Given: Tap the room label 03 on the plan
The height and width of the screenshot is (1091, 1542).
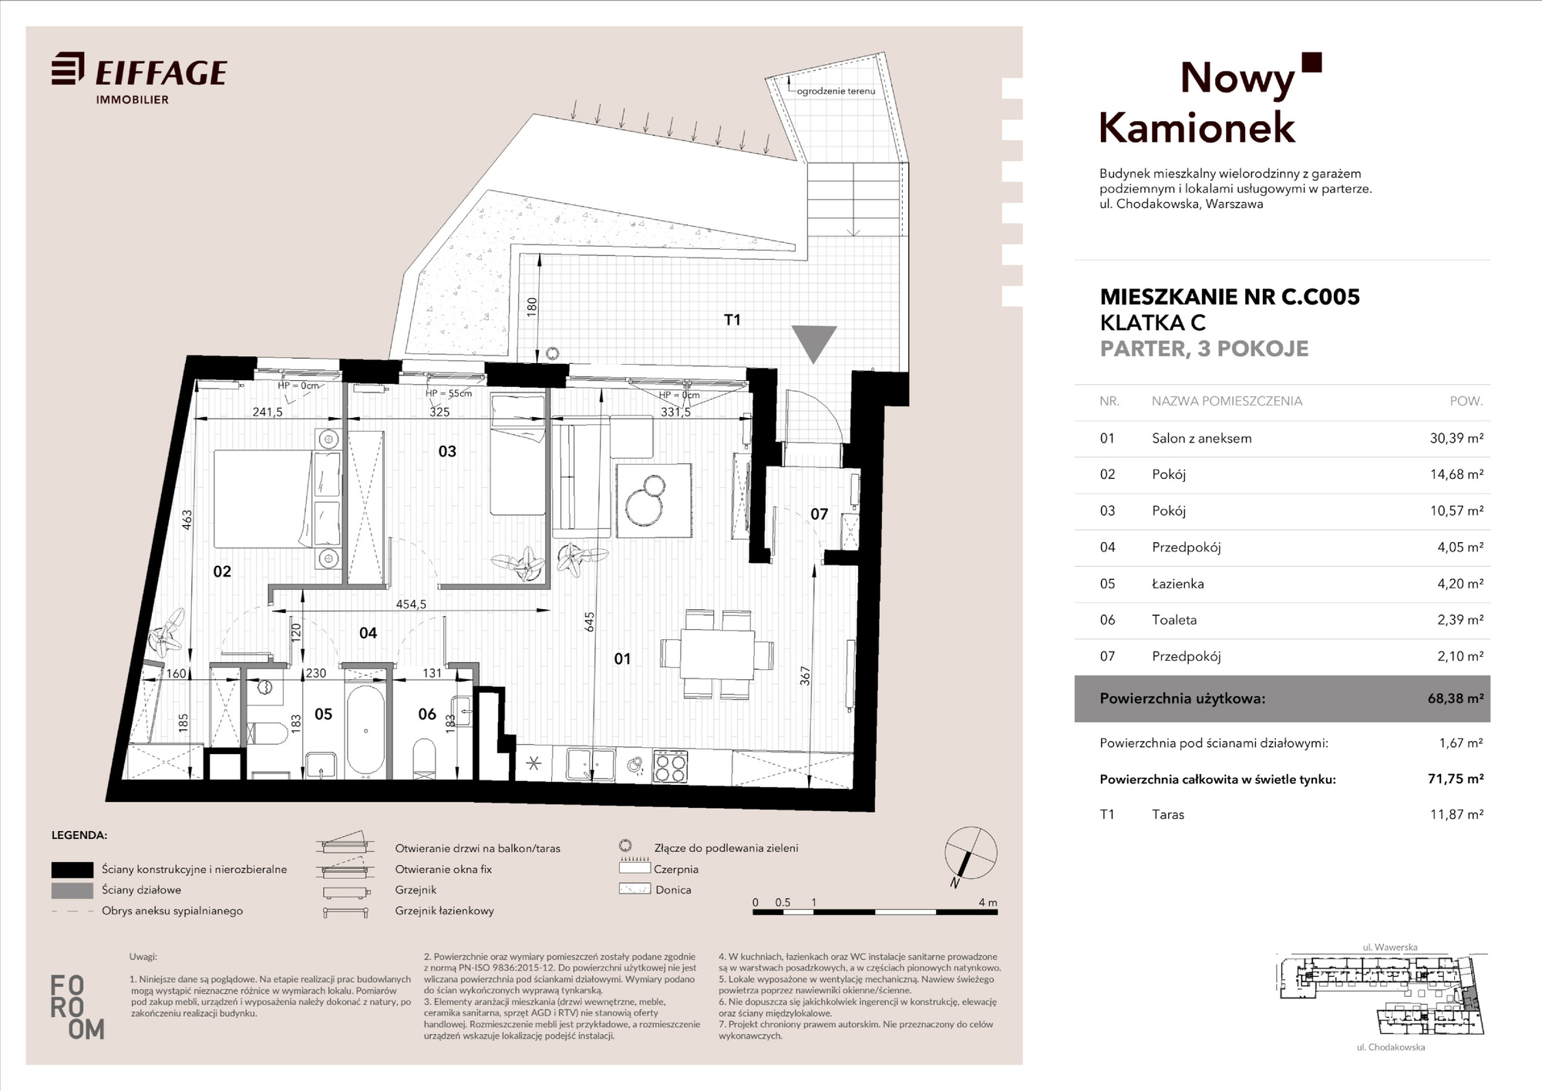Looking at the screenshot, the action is [447, 451].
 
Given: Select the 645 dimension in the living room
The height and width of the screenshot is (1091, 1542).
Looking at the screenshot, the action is [590, 622].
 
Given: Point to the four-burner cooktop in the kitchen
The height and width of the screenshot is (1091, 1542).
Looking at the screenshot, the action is [669, 766].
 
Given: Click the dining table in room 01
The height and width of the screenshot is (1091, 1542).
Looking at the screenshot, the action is [717, 655].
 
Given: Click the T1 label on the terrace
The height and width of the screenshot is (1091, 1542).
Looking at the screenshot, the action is [732, 319].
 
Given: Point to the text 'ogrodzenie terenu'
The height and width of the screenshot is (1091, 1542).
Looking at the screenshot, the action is [836, 91].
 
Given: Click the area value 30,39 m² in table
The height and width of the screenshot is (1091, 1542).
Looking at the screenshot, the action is [1456, 438].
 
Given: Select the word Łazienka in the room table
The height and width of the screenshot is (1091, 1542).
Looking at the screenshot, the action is [1177, 584].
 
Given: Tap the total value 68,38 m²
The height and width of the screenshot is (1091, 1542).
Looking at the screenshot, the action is [1456, 699].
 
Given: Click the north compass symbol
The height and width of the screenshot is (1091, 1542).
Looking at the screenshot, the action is [971, 854].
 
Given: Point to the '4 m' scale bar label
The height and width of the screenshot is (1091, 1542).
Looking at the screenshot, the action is [988, 902].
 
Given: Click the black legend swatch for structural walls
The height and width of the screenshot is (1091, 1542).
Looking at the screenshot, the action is [72, 870].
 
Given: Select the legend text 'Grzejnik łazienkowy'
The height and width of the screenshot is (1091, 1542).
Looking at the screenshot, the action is [444, 911].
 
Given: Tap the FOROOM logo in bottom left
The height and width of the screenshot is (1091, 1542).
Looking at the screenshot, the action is [76, 1007].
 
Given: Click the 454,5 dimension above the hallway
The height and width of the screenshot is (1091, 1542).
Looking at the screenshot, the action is [411, 604].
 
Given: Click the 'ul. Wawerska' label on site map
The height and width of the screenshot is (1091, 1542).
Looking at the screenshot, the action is [1389, 948].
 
